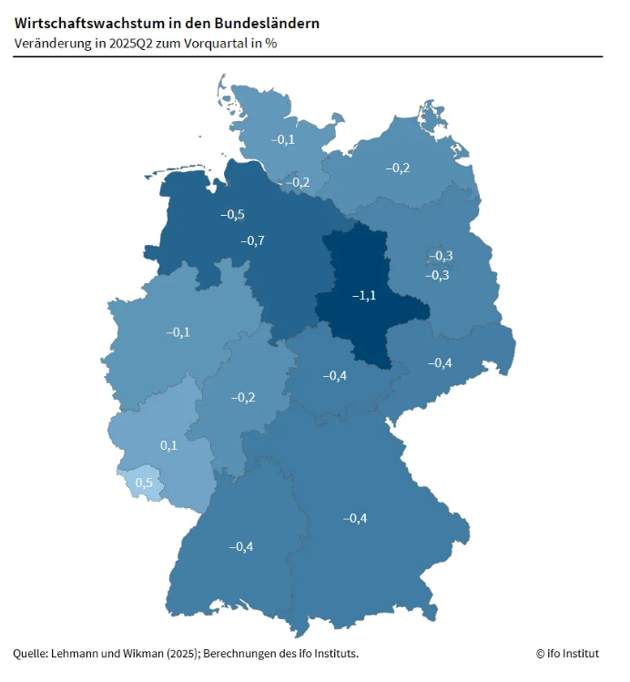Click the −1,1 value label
(x=364, y=296)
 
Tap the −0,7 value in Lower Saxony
(x=252, y=241)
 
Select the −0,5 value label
(x=232, y=215)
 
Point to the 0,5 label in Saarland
(x=144, y=483)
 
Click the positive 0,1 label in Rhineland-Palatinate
(x=168, y=445)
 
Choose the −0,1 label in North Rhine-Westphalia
(x=178, y=332)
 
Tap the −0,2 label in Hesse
(x=243, y=398)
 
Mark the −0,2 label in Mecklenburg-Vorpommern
(x=398, y=168)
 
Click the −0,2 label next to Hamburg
(x=298, y=183)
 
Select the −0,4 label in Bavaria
(x=355, y=519)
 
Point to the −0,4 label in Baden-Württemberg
(x=241, y=546)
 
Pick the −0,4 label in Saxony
(x=440, y=363)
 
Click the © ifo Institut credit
(x=568, y=653)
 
